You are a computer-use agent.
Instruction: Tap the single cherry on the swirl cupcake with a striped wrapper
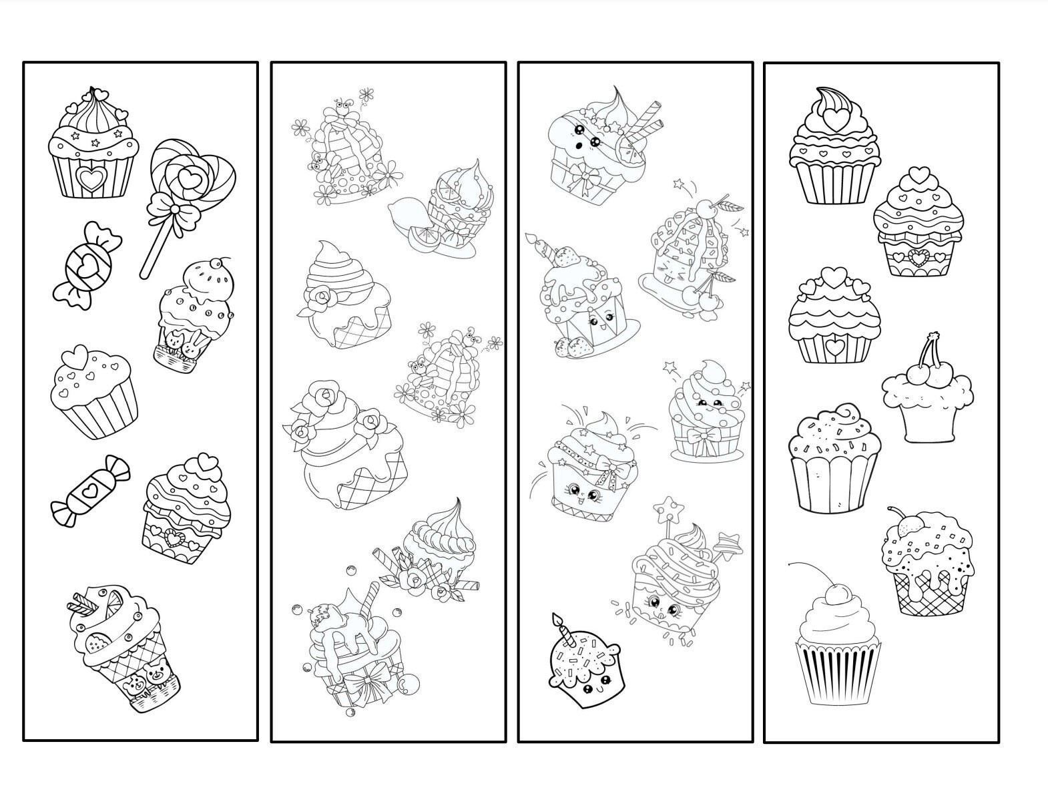click(x=834, y=592)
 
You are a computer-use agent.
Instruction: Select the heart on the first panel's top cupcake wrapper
click(x=89, y=178)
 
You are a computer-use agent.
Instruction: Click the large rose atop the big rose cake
click(x=324, y=397)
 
